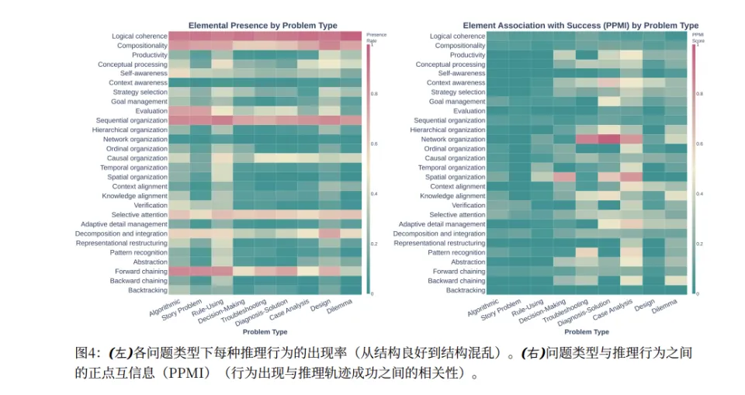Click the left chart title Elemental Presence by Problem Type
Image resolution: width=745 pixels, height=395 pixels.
pyautogui.click(x=266, y=26)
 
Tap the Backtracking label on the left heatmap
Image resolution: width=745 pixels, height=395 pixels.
pyautogui.click(x=147, y=290)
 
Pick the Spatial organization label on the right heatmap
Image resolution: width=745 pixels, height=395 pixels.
pyautogui.click(x=457, y=177)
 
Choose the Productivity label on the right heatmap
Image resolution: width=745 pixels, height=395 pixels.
pyautogui.click(x=467, y=55)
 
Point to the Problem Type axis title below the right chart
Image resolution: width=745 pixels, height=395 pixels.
pyautogui.click(x=584, y=331)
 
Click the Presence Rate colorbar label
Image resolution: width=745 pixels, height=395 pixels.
pyautogui.click(x=376, y=36)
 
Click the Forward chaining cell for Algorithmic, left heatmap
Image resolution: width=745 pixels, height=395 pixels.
pyautogui.click(x=178, y=272)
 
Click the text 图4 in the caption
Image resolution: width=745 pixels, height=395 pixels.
pyautogui.click(x=85, y=352)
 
